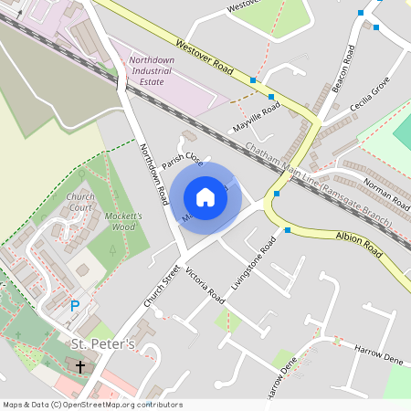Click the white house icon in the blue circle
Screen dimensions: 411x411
click(205, 197)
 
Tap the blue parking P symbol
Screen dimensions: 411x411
click(75, 307)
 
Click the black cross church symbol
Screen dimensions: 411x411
click(79, 366)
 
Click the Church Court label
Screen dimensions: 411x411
click(80, 202)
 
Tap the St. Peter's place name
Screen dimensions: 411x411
click(103, 344)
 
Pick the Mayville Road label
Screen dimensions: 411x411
click(257, 116)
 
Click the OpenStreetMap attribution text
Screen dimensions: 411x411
click(91, 405)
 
